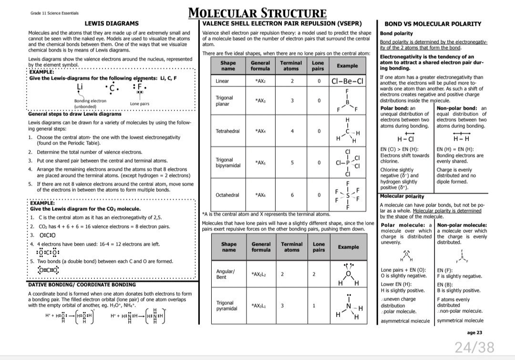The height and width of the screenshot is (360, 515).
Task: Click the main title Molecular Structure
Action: [x=257, y=13]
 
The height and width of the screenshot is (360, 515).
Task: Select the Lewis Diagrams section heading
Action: [x=112, y=23]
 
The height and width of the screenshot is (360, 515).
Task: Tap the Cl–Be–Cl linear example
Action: [x=348, y=81]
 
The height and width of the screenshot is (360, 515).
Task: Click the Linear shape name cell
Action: [x=222, y=81]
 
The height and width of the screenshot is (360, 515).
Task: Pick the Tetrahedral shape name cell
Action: [x=227, y=131]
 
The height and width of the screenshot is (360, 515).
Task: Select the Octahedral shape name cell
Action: [x=227, y=195]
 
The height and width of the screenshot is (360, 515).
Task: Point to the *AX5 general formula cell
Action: [x=260, y=163]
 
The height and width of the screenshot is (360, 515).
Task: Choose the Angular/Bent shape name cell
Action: [x=225, y=274]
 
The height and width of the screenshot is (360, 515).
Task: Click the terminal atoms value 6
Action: [x=292, y=195]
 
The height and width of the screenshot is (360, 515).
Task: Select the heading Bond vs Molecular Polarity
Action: [x=433, y=23]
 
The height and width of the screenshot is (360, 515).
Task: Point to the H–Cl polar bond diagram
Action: [x=405, y=139]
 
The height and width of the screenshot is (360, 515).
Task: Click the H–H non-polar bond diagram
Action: [x=461, y=139]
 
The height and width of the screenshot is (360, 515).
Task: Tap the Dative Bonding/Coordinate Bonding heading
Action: [x=82, y=285]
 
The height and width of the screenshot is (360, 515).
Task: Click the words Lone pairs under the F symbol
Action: [x=139, y=103]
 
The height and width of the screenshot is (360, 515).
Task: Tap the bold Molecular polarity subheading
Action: [x=402, y=196]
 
